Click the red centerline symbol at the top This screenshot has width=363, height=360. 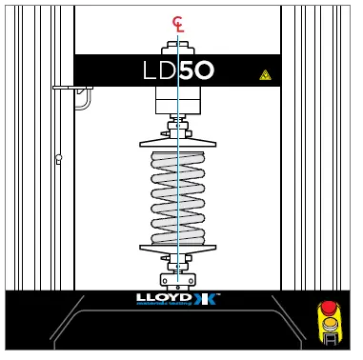pos(178,24)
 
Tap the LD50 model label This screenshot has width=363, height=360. pos(178,70)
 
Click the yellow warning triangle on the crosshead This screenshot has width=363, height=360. pos(265,74)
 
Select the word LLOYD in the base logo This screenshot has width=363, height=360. pos(164,298)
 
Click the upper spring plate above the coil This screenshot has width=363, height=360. pos(177,143)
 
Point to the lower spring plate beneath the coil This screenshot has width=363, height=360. pos(177,248)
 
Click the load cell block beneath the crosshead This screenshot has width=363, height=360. pos(177,99)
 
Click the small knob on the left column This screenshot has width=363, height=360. pos(58,159)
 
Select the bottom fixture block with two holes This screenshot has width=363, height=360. pos(177,280)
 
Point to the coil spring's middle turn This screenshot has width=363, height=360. pos(177,195)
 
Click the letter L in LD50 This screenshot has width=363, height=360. pos(149,70)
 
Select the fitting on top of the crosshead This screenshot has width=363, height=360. pos(177,47)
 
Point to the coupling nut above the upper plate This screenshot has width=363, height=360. pos(177,126)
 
